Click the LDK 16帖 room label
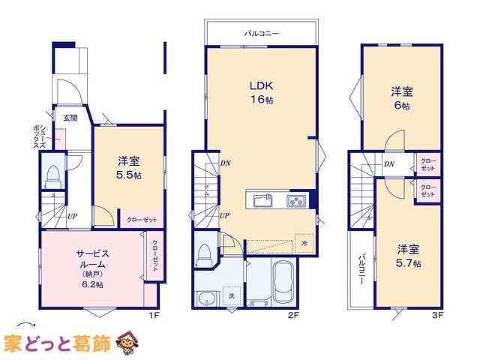click(x=262, y=92)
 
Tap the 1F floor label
click(x=154, y=316)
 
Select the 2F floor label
click(x=293, y=316)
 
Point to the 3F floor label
click(x=438, y=316)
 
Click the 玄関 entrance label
click(x=70, y=118)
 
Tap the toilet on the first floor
click(x=53, y=177)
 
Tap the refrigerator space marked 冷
click(x=304, y=243)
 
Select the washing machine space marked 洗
click(x=232, y=295)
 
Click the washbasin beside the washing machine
click(x=207, y=298)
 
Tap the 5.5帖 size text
click(x=129, y=175)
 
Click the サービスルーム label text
click(x=93, y=259)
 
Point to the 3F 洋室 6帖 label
click(x=402, y=98)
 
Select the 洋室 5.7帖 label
click(x=408, y=256)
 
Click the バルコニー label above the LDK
click(x=262, y=33)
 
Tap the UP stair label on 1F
click(x=72, y=217)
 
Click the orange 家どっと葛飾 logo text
click(x=57, y=343)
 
